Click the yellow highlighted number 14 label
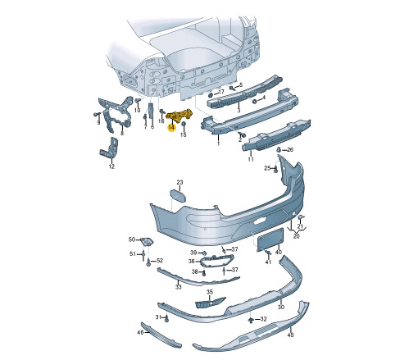pos(171,128)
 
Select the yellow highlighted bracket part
pos(180,116)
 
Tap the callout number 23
pos(180,182)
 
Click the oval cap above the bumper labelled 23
pos(178,196)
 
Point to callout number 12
pos(111,166)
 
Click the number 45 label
pos(291,335)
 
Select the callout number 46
pos(140,333)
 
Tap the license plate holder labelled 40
pos(270,239)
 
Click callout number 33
pos(178,287)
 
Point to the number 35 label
pos(210,292)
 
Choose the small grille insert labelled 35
pos(211,303)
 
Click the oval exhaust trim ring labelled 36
pos(216,260)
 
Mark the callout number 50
pos(132,239)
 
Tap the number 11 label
pos(251,159)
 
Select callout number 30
pos(281,307)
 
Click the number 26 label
pos(290,150)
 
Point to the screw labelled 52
pos(148,263)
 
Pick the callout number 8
pos(122,133)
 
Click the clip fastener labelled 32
pos(250,320)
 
